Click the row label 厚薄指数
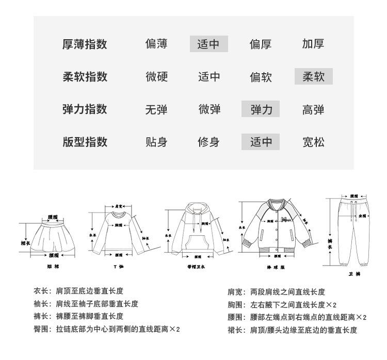click(85, 44)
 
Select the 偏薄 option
click(156, 44)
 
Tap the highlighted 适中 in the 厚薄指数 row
click(208, 44)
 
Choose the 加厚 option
click(313, 44)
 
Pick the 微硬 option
click(156, 77)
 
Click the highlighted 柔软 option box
click(313, 77)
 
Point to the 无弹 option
click(156, 109)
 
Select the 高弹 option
click(313, 109)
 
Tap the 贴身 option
click(156, 142)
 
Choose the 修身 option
click(208, 142)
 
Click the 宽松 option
click(313, 142)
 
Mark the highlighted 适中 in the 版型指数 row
click(261, 142)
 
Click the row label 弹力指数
click(85, 109)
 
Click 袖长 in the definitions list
click(42, 304)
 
